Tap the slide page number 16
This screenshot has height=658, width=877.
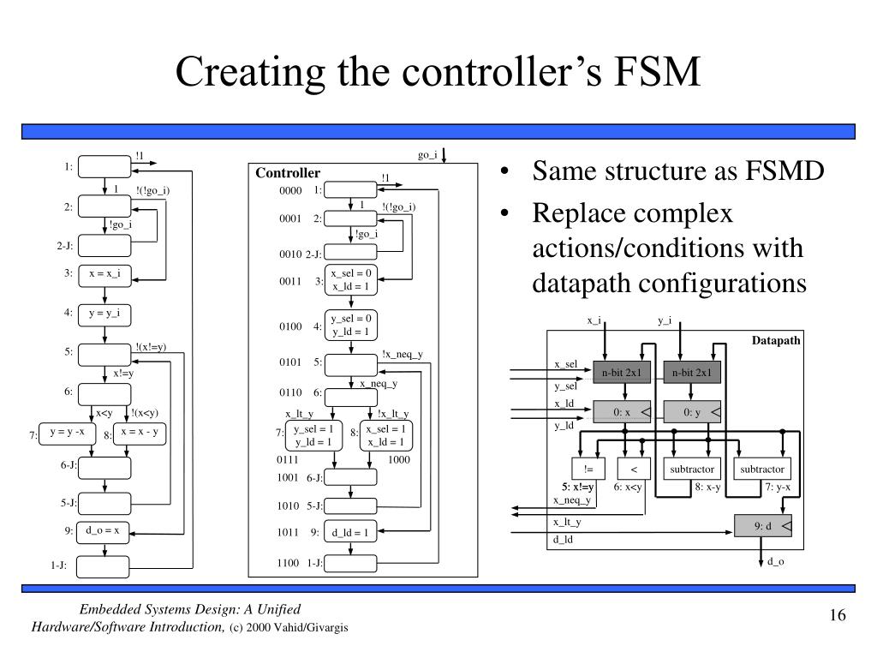[x=837, y=617]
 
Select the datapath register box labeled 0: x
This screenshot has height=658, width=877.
[x=622, y=413]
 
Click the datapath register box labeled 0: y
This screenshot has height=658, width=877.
[x=692, y=413]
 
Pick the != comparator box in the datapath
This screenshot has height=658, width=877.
[x=588, y=470]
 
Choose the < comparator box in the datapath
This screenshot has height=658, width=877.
[x=635, y=470]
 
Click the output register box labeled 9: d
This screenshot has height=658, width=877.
[x=762, y=525]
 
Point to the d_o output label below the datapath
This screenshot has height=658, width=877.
[x=776, y=562]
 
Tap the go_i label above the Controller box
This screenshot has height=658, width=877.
[x=427, y=155]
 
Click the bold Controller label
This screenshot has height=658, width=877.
[x=288, y=173]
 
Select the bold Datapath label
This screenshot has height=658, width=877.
[x=776, y=340]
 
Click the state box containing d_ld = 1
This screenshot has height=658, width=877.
[x=349, y=532]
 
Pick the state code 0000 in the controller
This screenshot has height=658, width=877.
[x=290, y=190]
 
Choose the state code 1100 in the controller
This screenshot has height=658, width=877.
[x=288, y=563]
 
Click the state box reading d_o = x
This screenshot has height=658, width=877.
[x=104, y=531]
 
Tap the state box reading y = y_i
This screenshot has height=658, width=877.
[x=104, y=313]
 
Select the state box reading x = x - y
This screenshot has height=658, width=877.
[x=139, y=433]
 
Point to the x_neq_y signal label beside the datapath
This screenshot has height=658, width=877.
[x=571, y=499]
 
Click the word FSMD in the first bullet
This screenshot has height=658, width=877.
[x=787, y=171]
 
